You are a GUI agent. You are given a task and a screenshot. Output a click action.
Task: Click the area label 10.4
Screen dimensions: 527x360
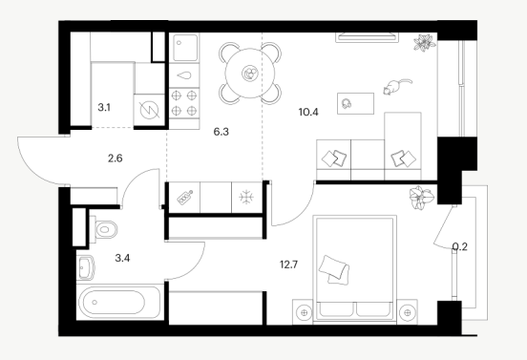(x=308, y=112)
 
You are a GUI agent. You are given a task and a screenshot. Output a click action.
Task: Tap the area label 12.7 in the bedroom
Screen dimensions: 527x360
(x=288, y=265)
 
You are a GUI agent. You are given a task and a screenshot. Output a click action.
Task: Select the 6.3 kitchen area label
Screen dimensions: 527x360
(x=221, y=132)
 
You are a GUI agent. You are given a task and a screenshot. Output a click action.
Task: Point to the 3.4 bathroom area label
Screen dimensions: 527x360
(x=122, y=258)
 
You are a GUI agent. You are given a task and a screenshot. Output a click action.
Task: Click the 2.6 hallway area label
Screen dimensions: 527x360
(x=115, y=158)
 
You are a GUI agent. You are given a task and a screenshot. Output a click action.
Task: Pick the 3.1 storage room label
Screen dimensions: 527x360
(x=104, y=108)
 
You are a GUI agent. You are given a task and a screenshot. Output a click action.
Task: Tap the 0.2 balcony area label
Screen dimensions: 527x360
(x=460, y=247)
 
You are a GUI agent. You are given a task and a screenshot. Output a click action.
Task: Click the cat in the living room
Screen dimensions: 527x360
(x=396, y=86)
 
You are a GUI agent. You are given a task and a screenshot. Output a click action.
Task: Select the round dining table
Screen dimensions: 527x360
(x=250, y=73)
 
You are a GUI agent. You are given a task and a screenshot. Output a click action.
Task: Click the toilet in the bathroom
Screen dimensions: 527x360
(x=103, y=229)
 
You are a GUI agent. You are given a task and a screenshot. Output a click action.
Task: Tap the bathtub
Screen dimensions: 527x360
(x=119, y=302)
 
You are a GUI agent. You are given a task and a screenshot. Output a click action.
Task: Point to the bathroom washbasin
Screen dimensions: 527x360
(x=85, y=267)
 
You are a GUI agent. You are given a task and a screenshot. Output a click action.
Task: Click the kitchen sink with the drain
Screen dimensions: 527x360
(x=184, y=48)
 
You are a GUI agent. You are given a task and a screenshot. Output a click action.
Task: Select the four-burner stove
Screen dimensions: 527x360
(x=184, y=103)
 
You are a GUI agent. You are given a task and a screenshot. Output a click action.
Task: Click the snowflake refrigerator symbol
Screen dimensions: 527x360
(x=246, y=198)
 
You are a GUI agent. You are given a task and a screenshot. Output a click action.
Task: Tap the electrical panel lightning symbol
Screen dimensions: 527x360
(x=149, y=111)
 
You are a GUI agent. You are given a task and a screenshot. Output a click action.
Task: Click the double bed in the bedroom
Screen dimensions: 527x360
(x=354, y=269)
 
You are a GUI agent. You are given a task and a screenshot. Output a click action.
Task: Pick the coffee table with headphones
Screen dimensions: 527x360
(x=355, y=103)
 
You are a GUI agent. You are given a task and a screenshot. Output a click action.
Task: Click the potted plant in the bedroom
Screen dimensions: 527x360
(x=421, y=197)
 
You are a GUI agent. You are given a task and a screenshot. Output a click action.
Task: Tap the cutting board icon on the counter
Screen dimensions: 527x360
(x=184, y=198)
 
